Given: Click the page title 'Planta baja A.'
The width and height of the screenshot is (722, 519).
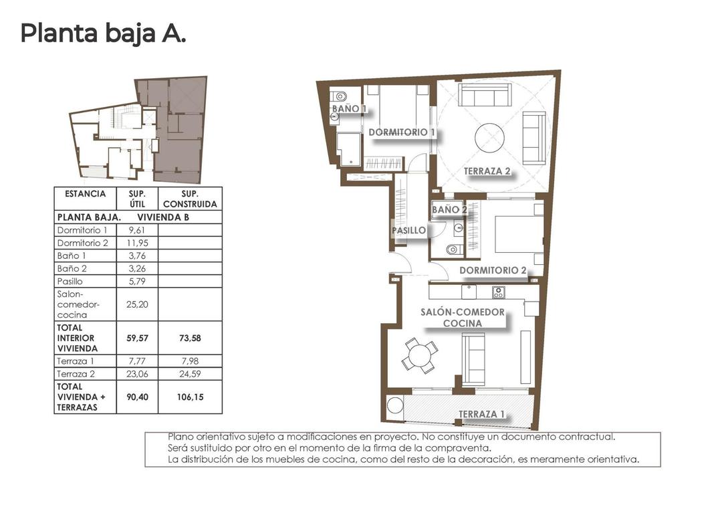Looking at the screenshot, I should coord(103,33).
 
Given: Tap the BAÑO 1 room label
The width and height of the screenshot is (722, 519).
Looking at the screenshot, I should coord(348,108).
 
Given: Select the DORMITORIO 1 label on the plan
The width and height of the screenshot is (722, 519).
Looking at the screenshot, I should coord(402,132).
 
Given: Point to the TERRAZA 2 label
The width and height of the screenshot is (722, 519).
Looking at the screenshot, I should coord(487,171).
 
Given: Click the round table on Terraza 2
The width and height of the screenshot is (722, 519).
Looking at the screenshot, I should coord(494,138).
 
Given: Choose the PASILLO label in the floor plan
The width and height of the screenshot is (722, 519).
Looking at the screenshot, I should coord(408,230).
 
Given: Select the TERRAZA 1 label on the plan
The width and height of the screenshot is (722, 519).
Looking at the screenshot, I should coord(481,414).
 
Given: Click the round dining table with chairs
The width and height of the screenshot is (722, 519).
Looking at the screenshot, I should coord(420,354).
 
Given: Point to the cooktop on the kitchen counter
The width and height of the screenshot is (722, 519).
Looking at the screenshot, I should coord(498,292).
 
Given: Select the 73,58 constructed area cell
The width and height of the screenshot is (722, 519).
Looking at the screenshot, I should coord(191,338).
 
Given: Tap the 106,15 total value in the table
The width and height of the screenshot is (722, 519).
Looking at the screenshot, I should coord(191,397).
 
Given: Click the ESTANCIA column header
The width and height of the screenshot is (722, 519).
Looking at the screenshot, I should coord(85,194).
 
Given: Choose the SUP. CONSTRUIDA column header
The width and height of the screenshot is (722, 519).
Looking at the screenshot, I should coord(191,199).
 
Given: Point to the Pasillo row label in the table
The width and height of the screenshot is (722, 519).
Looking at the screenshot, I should coord(70,282).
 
